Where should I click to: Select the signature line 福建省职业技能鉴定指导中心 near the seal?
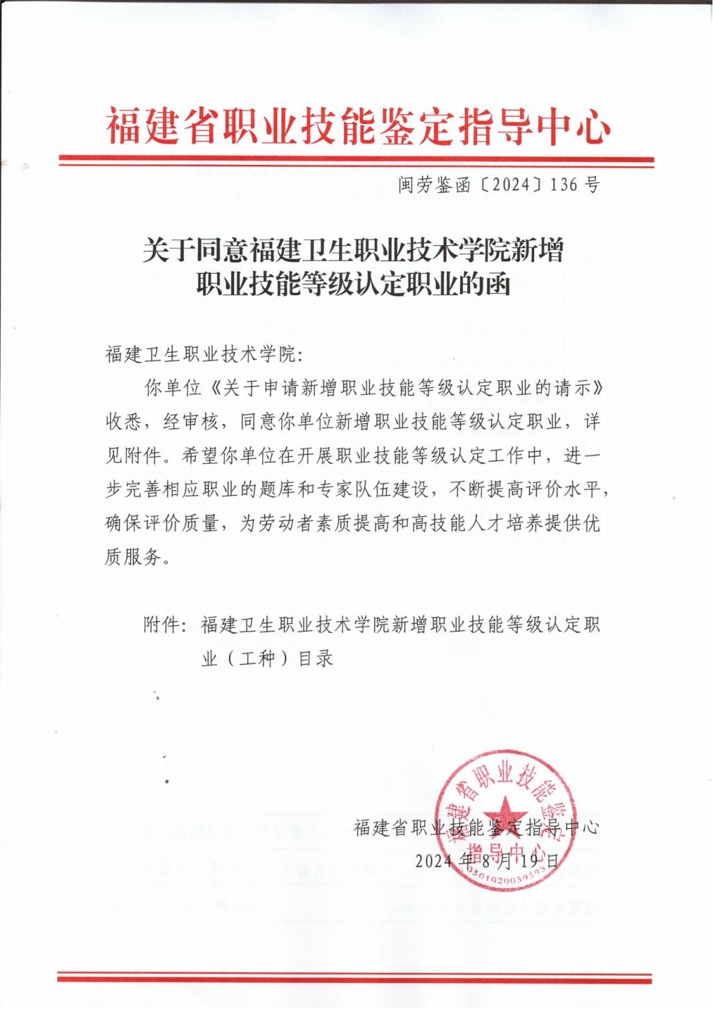(476, 828)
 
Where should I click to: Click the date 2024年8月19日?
(488, 861)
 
